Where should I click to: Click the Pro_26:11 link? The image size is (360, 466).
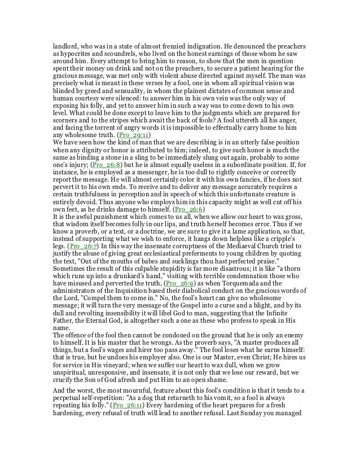pos(128,437)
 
